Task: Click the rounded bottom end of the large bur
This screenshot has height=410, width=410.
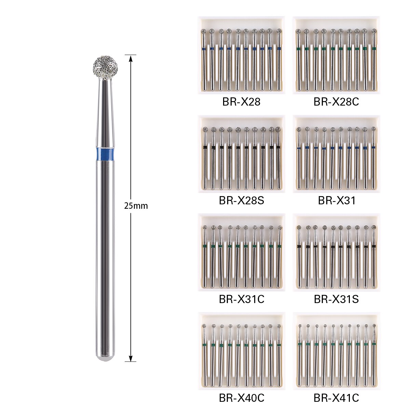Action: coord(105,357)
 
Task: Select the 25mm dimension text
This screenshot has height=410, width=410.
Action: coord(136,206)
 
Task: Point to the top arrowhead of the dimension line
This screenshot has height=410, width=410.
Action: coord(131,58)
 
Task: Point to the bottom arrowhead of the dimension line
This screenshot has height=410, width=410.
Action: coord(131,358)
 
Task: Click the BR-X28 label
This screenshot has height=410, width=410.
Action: coord(241,102)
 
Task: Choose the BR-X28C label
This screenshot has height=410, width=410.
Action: coord(336,102)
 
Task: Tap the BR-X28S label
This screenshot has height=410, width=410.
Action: coord(241,201)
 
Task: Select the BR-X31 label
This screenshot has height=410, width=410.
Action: coord(337,201)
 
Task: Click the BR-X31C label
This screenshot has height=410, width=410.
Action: coord(241,299)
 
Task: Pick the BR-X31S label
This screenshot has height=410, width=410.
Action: coord(336,299)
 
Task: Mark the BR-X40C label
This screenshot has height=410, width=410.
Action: coord(241,398)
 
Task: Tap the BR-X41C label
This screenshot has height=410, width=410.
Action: coord(336,398)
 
